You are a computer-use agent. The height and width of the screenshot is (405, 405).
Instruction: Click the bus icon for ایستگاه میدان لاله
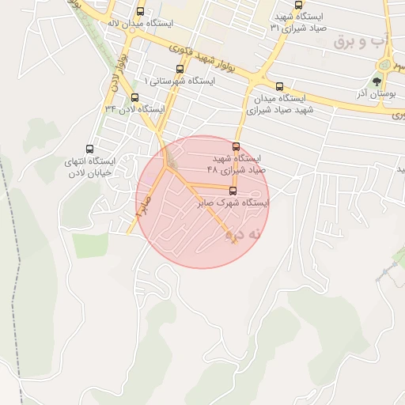click(x=141, y=12)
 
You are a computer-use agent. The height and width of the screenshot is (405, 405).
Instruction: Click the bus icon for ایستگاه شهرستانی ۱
click(x=180, y=70)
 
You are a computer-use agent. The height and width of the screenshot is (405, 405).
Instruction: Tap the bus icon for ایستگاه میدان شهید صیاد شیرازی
click(x=279, y=86)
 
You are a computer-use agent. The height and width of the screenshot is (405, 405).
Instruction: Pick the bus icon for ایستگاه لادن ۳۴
click(x=134, y=97)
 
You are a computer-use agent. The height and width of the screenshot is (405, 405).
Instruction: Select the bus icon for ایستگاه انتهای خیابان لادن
click(x=89, y=149)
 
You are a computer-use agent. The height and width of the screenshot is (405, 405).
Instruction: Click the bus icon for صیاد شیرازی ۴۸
click(x=237, y=146)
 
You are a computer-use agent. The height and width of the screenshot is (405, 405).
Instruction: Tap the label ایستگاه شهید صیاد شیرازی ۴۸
click(x=237, y=164)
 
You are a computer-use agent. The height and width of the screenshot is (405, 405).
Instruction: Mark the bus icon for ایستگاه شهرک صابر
click(x=233, y=191)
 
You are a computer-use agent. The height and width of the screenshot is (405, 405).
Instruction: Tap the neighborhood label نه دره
click(x=243, y=235)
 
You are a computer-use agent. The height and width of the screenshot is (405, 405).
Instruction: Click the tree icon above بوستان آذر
click(x=378, y=81)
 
